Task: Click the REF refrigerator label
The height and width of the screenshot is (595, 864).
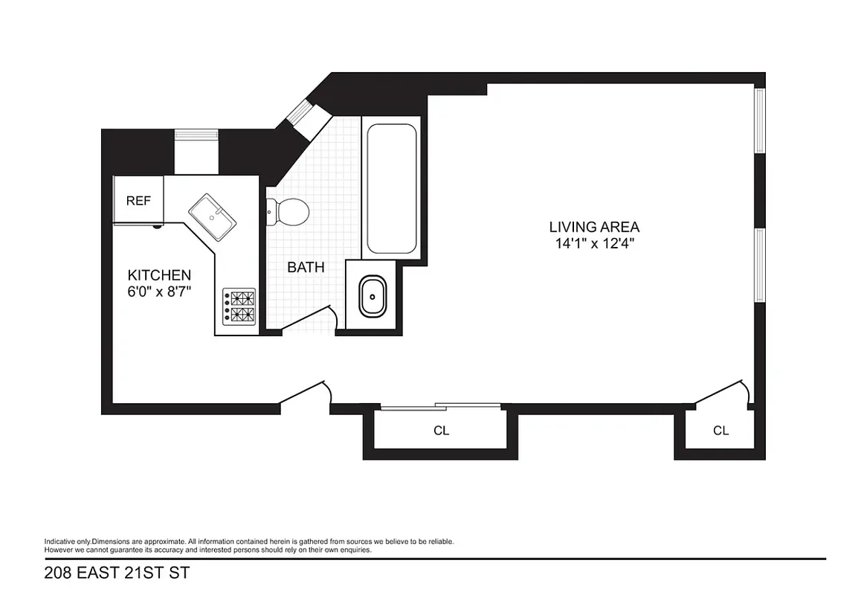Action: (x=138, y=200)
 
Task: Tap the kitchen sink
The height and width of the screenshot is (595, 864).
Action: (x=212, y=216)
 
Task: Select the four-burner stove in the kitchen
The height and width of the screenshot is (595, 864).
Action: (x=239, y=306)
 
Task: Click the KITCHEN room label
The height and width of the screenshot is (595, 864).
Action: (x=159, y=275)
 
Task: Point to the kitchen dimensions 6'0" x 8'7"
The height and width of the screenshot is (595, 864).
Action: (x=159, y=292)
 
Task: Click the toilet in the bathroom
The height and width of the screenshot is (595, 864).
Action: (x=291, y=211)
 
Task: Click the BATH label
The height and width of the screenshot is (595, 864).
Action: (x=306, y=267)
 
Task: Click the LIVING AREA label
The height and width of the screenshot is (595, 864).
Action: (x=594, y=227)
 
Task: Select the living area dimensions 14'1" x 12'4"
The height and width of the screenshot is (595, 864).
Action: (x=594, y=242)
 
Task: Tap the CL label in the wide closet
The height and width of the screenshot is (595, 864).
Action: (x=441, y=431)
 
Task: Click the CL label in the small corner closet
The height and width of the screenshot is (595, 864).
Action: (x=720, y=431)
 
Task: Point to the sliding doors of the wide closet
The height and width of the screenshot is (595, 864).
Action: (x=440, y=406)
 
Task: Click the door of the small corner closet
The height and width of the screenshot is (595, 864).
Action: (x=720, y=393)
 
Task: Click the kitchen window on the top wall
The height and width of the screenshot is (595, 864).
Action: (x=196, y=135)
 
